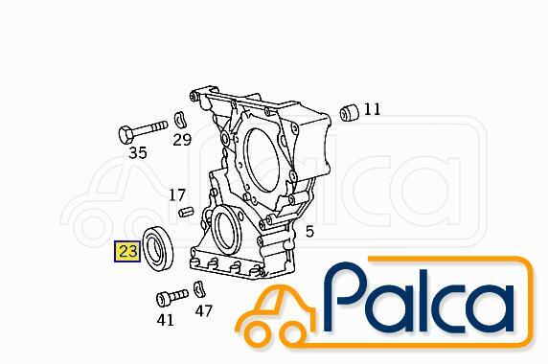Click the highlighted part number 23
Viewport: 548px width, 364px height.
[x=127, y=251]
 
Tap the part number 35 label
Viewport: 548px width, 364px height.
[x=138, y=152]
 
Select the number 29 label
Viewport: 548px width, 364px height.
[x=182, y=140]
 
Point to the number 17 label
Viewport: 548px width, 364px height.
[x=177, y=194]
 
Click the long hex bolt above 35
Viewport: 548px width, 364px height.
[x=143, y=130]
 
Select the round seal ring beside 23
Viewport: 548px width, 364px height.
[x=159, y=247]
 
